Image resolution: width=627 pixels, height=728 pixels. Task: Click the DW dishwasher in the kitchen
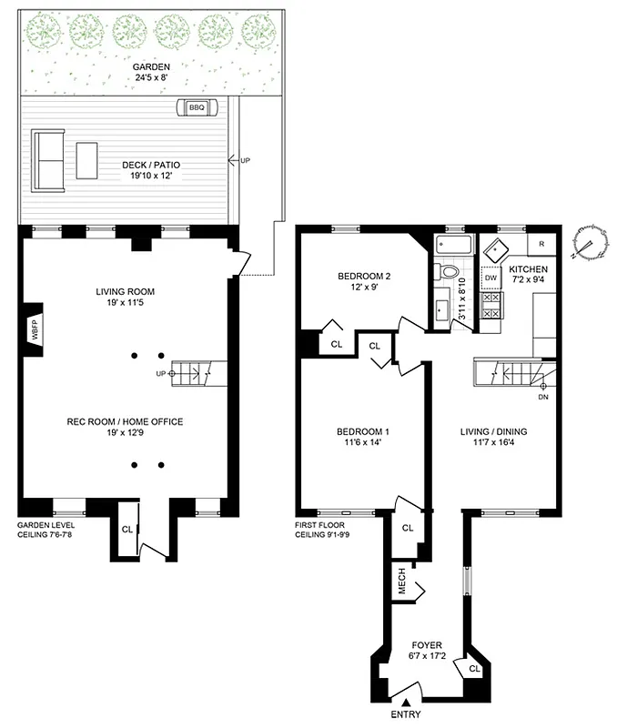[490, 278]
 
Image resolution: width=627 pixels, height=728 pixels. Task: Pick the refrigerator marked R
[541, 244]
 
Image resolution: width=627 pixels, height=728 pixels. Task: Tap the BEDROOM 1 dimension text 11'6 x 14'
[363, 443]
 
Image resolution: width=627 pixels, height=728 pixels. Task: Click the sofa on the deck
[47, 160]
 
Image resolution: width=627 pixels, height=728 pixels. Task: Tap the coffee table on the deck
[87, 160]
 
